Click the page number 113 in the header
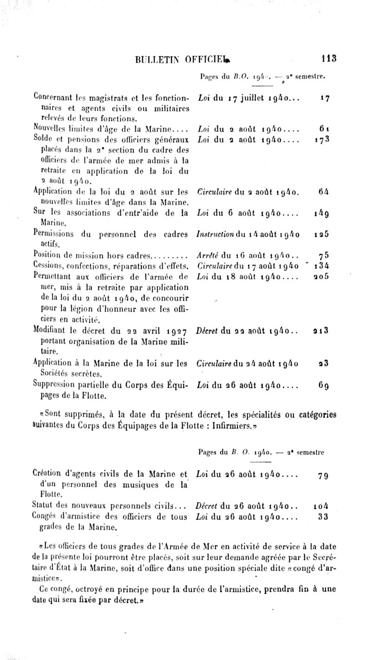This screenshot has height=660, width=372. pos(328,59)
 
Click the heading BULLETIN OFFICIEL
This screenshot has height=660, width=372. pos(173,59)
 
